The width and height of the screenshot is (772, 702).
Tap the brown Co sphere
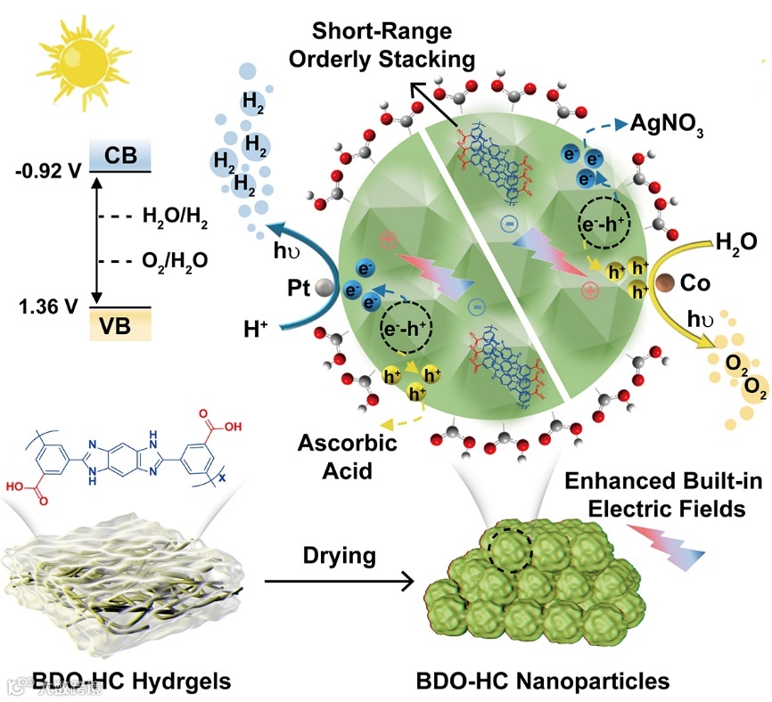664,282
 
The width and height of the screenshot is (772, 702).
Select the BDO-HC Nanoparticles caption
542,682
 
